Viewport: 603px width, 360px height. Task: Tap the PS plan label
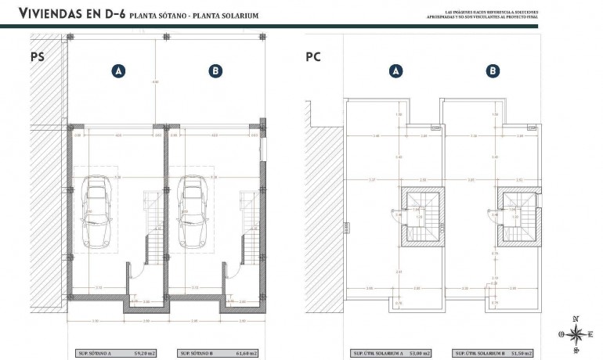[x=37, y=57]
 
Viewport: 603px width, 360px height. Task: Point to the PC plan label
[x=313, y=57]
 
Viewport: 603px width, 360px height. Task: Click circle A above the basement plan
[x=119, y=71]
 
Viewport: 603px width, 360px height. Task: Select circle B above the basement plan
[x=215, y=71]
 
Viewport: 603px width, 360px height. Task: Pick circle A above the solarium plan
[x=396, y=71]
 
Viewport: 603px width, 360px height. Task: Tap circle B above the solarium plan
[x=493, y=71]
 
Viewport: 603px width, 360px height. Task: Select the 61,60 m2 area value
[x=247, y=353]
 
